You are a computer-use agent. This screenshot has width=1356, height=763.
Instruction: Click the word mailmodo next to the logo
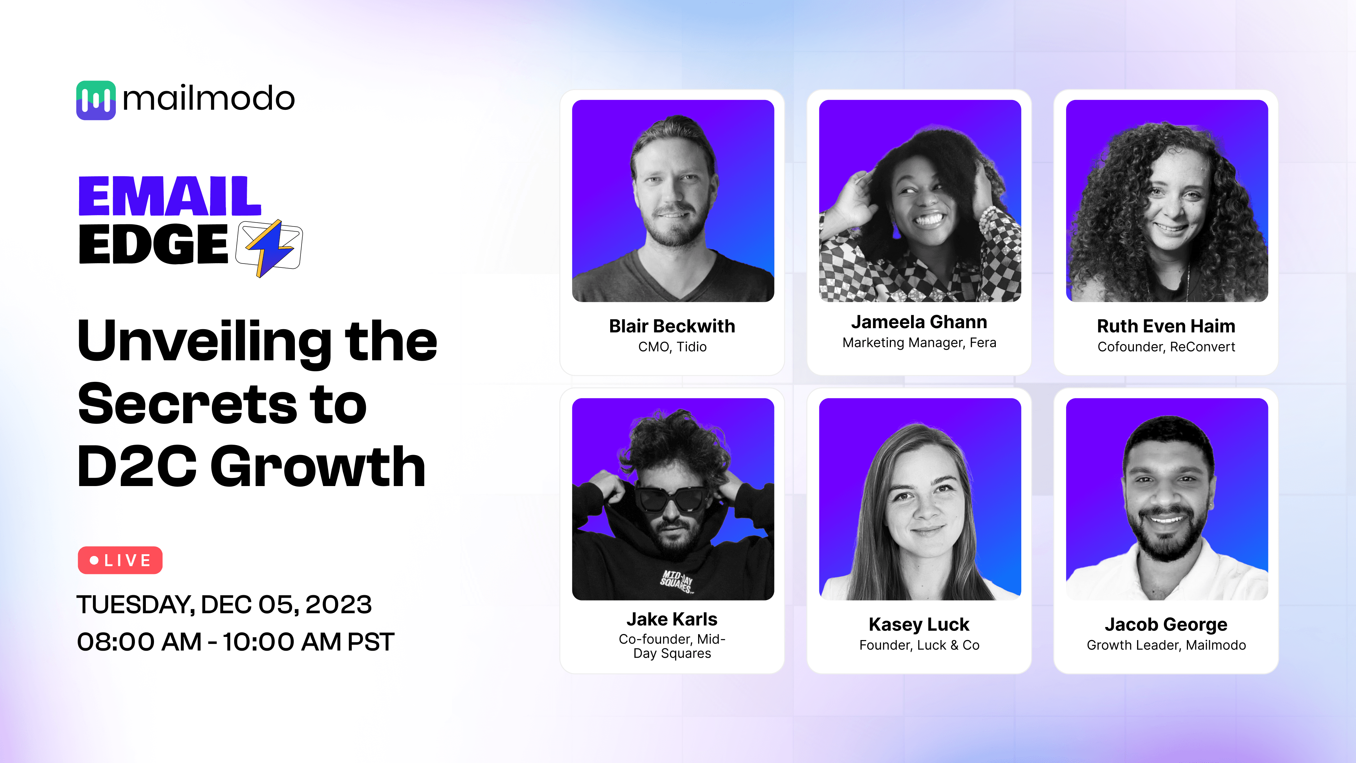[208, 99]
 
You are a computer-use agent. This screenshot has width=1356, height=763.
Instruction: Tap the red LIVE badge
[120, 560]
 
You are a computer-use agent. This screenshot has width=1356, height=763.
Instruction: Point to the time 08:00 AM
[139, 642]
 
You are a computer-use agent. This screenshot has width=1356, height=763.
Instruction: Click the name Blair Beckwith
[672, 326]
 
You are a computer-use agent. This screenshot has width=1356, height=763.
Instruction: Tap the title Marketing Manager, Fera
[919, 343]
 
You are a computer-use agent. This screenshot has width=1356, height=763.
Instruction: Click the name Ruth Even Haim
[1166, 326]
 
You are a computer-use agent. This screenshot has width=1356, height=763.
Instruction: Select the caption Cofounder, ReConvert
[1166, 347]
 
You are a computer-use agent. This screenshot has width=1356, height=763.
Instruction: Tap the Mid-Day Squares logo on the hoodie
[677, 581]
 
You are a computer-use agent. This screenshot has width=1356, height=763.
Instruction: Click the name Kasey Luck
[918, 625]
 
